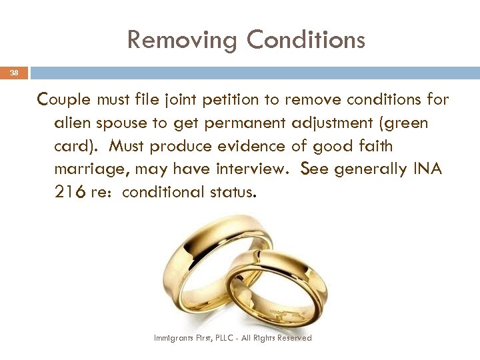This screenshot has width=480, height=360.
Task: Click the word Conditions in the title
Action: tap(305, 40)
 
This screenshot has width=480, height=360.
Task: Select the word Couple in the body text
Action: tap(65, 100)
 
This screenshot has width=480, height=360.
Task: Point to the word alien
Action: tap(74, 123)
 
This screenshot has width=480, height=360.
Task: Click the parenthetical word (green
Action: tap(407, 123)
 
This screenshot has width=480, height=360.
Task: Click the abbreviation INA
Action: tap(427, 169)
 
